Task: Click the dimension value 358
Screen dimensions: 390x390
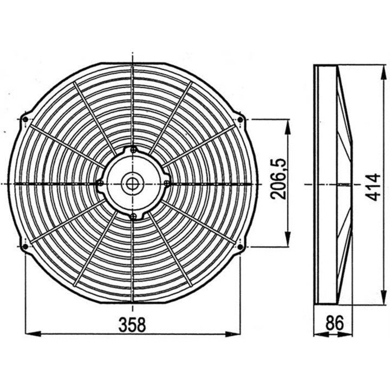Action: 133,324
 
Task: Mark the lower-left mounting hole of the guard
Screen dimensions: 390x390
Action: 25,247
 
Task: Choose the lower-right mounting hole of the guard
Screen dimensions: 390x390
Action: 240,247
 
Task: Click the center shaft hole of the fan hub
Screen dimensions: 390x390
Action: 132,183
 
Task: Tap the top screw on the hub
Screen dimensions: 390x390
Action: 133,150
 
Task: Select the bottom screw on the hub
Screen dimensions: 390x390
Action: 133,216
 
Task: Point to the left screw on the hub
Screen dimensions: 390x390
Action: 100,183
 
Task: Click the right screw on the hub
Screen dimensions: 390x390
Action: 166,183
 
